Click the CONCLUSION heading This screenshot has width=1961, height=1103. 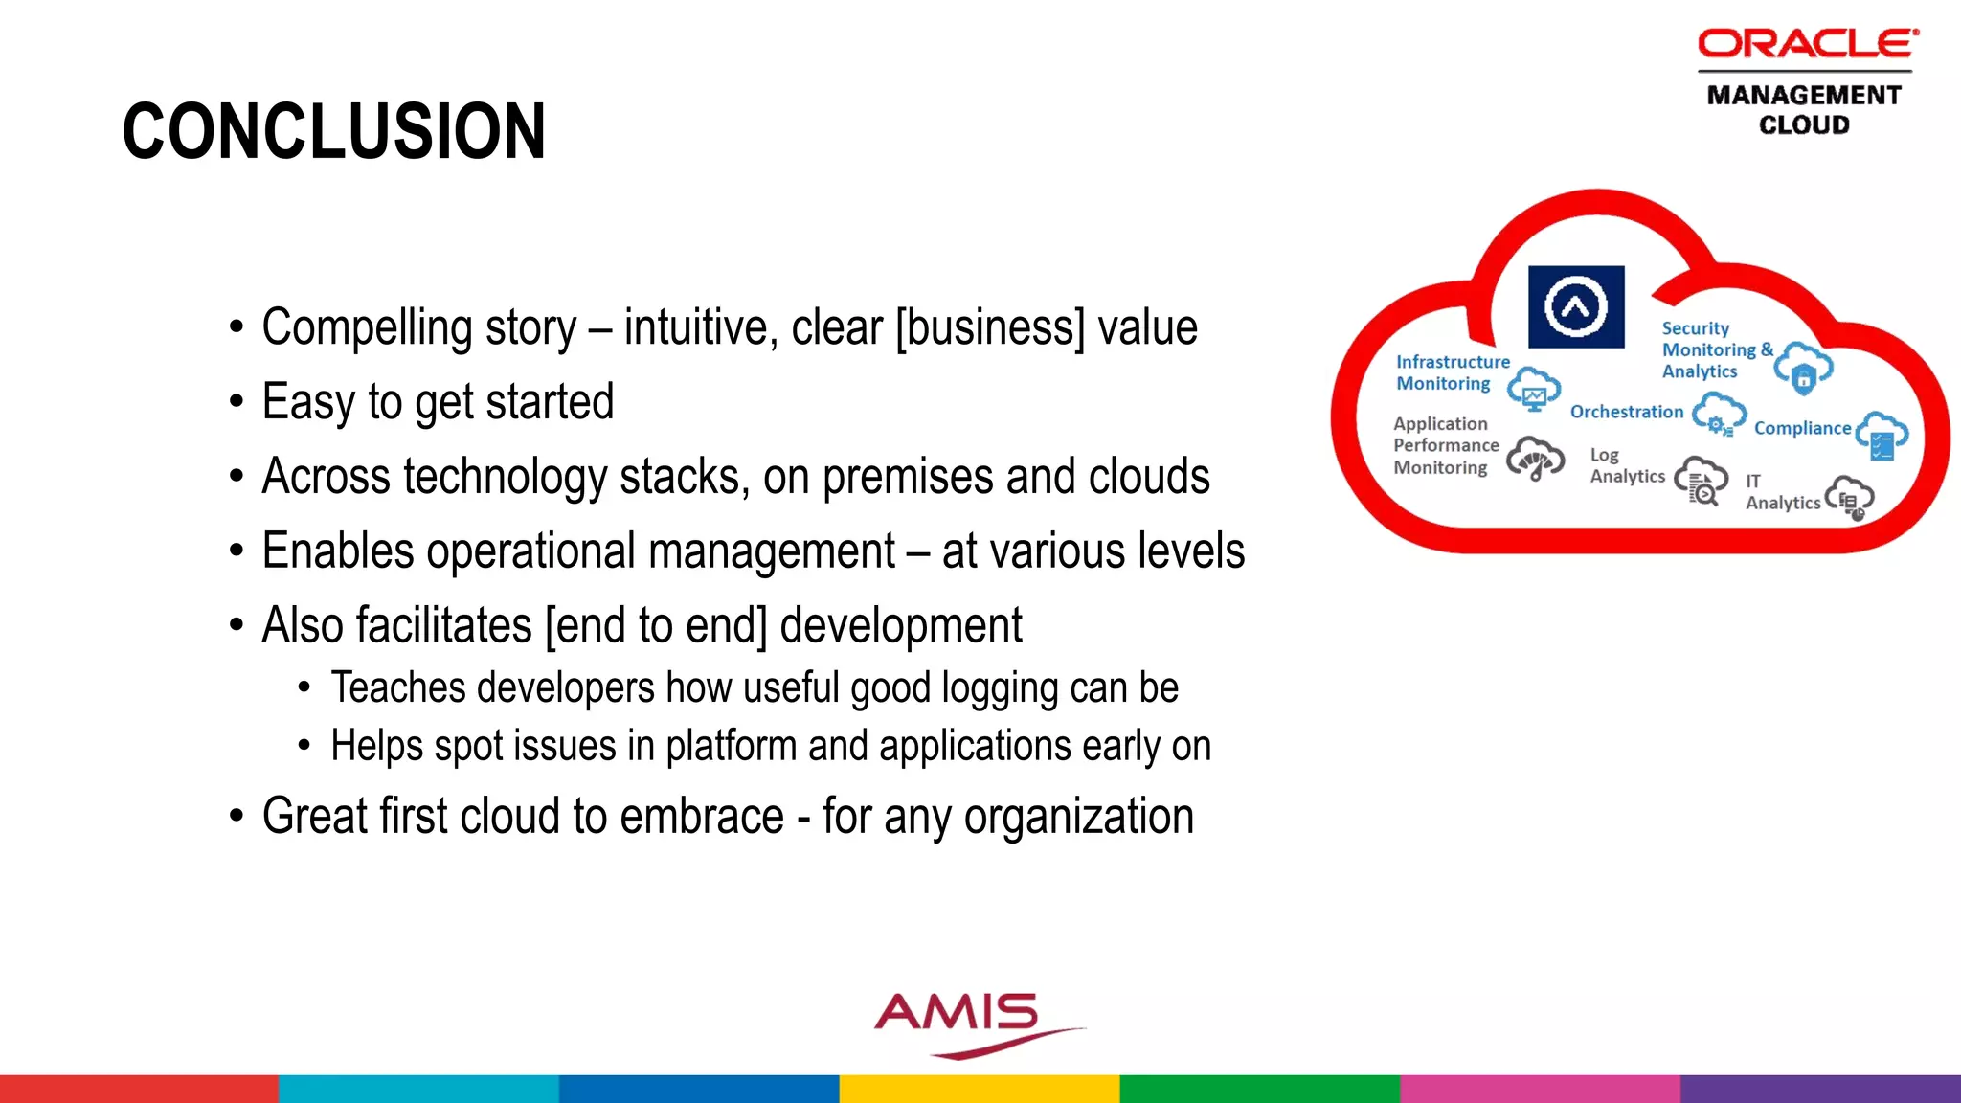point(334,131)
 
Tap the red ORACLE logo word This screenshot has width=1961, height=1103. point(1807,44)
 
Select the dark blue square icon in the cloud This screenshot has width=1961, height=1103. point(1576,307)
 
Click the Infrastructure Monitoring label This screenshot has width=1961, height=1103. point(1451,372)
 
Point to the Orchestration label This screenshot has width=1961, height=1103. point(1626,412)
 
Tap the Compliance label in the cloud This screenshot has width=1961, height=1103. point(1802,428)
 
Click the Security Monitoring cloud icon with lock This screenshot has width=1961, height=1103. point(1803,369)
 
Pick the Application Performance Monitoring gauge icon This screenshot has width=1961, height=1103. point(1535,459)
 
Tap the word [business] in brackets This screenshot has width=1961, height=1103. point(990,328)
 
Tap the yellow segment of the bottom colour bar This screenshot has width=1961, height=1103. point(980,1089)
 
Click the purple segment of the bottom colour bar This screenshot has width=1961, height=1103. point(1819,1089)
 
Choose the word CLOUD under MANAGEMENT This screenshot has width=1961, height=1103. point(1804,125)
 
